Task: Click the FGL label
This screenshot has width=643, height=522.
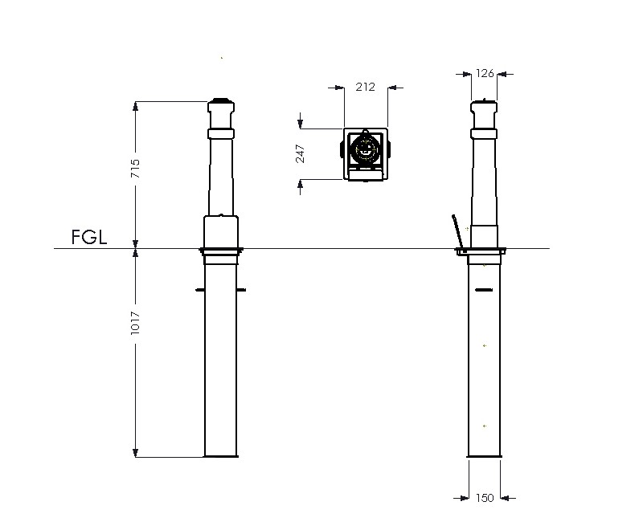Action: coord(89,237)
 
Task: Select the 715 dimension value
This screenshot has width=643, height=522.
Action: coord(135,168)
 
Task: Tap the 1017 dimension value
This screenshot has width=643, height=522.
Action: coord(135,324)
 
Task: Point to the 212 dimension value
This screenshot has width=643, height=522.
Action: coord(366,87)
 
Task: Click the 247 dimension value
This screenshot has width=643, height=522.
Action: coord(301,154)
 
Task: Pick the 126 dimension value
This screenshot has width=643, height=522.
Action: coord(485,73)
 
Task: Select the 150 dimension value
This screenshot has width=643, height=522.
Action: coord(485,498)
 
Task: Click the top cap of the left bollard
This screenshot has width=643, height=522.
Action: coord(221,106)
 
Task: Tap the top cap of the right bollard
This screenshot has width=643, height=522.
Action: coord(484,107)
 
